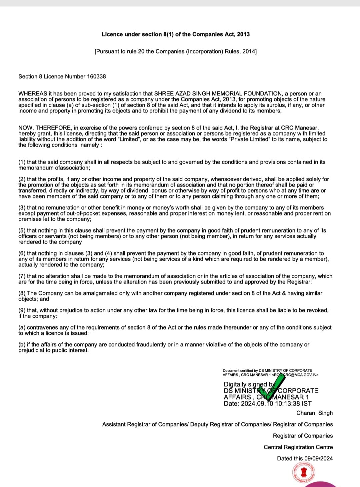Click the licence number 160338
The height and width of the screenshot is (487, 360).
pos(96,76)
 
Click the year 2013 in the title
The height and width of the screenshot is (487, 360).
pos(243,34)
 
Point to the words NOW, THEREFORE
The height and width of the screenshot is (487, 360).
pos(45,128)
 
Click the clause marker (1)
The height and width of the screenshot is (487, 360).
pos(22,162)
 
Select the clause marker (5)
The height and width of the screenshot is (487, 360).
pos(22,231)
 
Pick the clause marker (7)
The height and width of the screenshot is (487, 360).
pos(22,276)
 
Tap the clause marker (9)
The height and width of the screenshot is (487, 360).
pos(22,310)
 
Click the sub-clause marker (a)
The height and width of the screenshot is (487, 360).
pos(22,327)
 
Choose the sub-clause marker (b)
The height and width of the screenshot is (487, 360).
pos(22,344)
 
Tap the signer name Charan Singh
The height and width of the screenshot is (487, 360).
pos(314,413)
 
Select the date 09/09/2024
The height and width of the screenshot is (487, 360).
pos(318,459)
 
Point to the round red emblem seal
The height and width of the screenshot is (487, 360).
pos(304,472)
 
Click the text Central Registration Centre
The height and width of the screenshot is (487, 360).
pos(298,447)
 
